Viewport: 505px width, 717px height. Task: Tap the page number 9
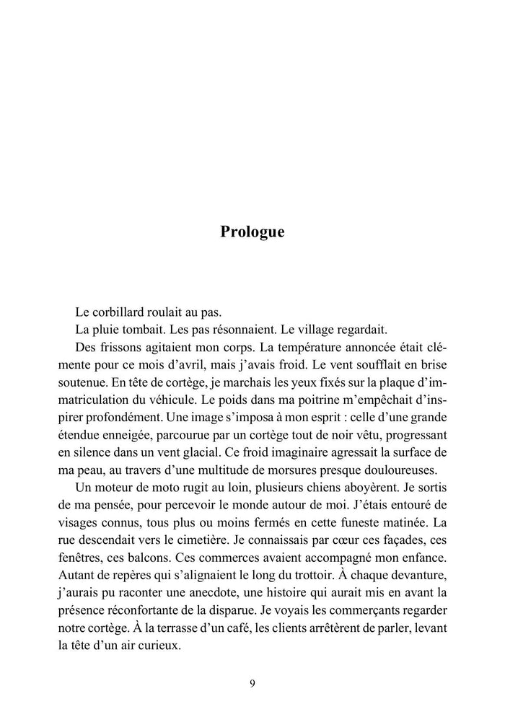[x=252, y=684]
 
